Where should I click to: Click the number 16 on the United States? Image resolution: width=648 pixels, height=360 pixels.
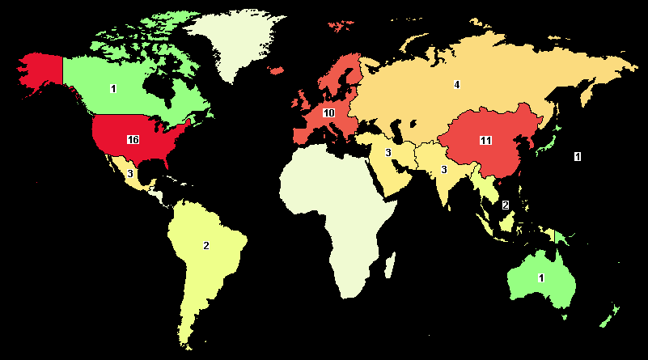coord(133,140)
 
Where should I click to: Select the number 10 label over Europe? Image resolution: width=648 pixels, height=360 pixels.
coord(328,112)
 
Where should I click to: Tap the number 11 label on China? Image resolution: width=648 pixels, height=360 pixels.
coord(485,140)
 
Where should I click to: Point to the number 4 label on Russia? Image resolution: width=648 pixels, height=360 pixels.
coord(456,85)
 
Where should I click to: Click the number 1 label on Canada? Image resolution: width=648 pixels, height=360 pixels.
coord(113,88)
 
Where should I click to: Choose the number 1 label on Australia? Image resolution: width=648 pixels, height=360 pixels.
coord(542,277)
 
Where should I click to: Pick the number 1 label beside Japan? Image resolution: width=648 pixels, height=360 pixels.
coord(577,155)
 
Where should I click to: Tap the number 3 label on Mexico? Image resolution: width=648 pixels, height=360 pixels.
coord(129,172)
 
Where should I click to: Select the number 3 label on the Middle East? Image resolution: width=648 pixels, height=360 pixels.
coord(388,153)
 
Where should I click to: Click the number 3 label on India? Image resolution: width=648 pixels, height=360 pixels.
coord(443,169)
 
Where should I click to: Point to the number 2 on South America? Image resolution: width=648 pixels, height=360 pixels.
coord(206,245)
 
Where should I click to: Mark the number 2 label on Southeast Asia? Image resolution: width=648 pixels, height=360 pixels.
coord(506,205)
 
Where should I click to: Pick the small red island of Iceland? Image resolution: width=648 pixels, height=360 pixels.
coord(276,72)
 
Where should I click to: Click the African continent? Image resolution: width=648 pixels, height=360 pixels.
coord(340,210)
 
